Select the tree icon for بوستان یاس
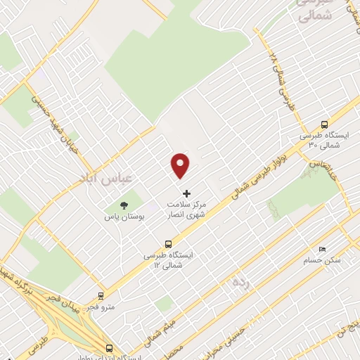click(124, 206)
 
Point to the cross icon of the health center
click(186, 193)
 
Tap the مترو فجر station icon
click(101, 296)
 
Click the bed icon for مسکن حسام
click(322, 249)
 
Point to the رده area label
click(241, 282)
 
